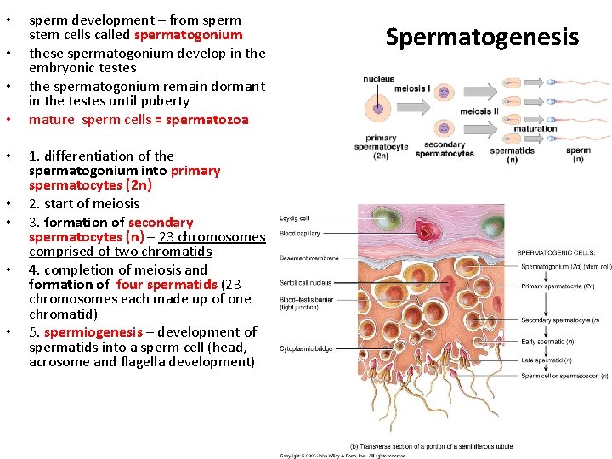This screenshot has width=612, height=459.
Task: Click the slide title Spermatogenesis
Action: pos(482,37)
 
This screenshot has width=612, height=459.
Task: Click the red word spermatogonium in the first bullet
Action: pos(188,35)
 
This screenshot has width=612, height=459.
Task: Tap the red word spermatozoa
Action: pos(207,120)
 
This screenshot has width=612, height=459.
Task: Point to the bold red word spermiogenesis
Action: pos(93,331)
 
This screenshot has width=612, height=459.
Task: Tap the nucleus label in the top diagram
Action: pos(377,79)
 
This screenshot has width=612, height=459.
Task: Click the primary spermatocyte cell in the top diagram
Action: pos(377,108)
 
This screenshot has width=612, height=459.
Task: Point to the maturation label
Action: pos(535,129)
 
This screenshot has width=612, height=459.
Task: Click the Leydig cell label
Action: pos(295,218)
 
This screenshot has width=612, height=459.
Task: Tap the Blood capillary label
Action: pos(301,232)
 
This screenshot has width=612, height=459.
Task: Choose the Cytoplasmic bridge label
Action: pos(306,348)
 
